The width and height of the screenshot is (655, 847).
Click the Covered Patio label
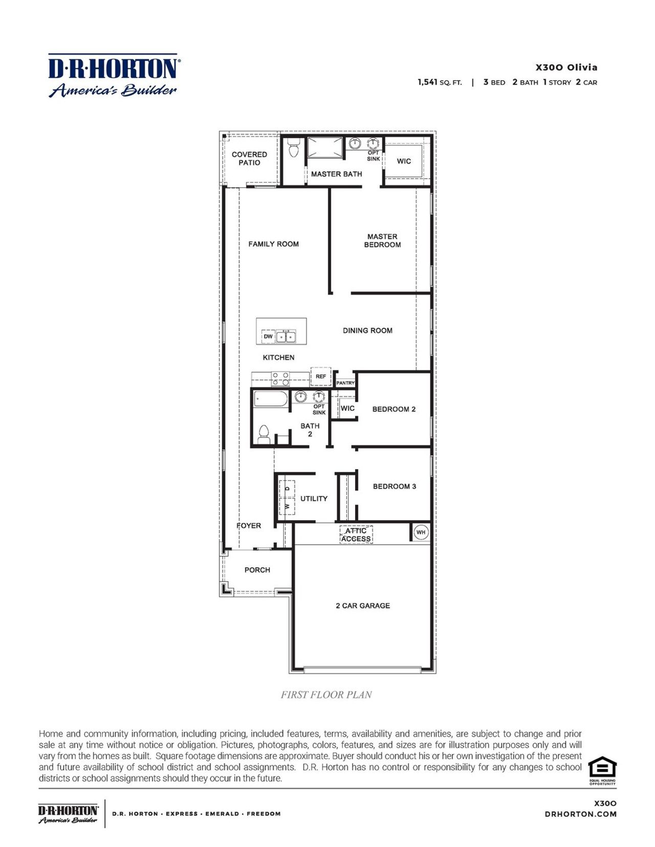tap(249, 158)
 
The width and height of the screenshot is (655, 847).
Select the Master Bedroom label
tap(382, 240)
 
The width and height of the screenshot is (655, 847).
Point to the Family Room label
tap(273, 244)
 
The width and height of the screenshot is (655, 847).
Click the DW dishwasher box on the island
tap(268, 337)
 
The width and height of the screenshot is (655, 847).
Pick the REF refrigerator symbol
tap(321, 376)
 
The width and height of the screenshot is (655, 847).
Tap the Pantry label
tap(345, 383)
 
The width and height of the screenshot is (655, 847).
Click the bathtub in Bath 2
tap(271, 398)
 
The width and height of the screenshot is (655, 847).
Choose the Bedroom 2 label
tap(394, 409)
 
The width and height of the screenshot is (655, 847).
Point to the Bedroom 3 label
tap(394, 486)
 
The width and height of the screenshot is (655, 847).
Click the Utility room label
tap(314, 499)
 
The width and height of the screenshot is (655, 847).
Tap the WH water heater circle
tap(421, 532)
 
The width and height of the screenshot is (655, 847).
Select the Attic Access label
tap(356, 535)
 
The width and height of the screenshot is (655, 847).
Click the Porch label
tap(257, 570)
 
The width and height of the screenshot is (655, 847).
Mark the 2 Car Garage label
tap(363, 606)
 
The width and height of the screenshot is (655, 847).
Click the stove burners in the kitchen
tap(280, 378)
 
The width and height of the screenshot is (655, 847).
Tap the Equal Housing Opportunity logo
tap(602, 770)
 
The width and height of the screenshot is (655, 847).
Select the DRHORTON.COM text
tap(580, 814)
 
